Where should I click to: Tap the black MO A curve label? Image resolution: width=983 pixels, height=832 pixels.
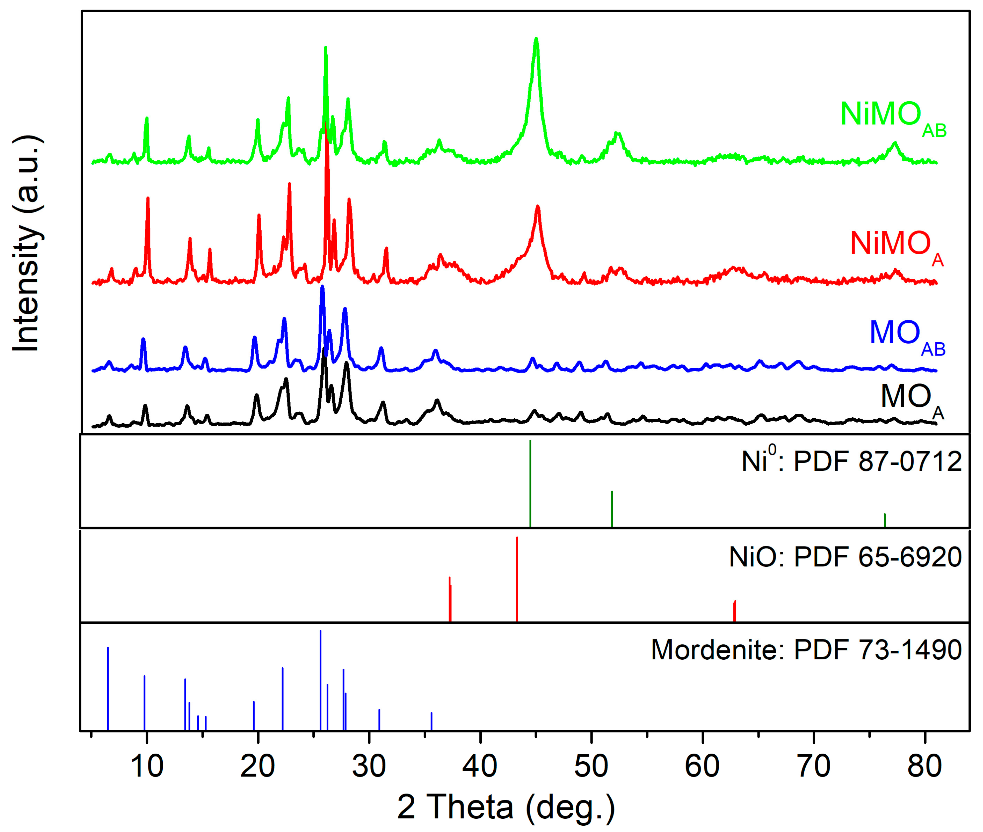point(911,399)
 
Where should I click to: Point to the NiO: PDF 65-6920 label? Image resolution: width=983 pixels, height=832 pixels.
point(845,557)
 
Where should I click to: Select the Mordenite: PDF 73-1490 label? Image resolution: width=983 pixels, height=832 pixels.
point(806,650)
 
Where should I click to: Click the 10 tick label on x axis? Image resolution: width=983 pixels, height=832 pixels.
point(147,767)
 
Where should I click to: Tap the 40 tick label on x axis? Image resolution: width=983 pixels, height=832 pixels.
point(480,767)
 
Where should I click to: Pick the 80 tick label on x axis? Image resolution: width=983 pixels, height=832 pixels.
point(925,767)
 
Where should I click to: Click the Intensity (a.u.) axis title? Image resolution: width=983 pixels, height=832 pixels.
point(27,243)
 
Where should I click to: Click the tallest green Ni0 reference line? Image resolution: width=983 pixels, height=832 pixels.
point(530,483)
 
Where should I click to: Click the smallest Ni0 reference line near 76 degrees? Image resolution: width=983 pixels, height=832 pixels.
point(884,520)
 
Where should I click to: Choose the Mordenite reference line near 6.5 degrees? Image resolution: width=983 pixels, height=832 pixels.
point(108,689)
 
